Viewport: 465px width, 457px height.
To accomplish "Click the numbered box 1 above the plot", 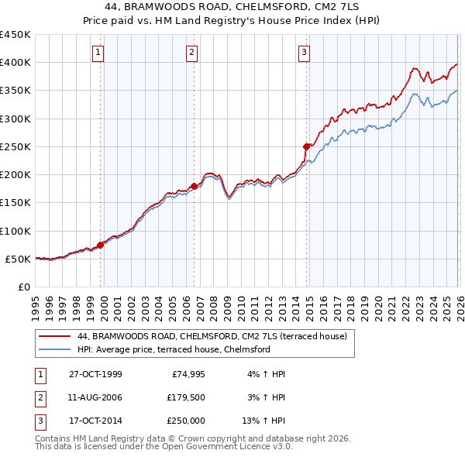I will click(x=99, y=53).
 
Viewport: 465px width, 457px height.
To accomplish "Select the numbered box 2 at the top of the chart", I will click(x=191, y=53).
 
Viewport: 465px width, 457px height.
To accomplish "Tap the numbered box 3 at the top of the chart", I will click(x=305, y=53).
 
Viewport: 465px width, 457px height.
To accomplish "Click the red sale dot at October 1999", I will click(x=101, y=245).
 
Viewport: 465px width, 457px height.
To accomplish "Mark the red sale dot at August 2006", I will click(x=194, y=186).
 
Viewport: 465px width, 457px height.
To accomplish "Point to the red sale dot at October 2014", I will click(x=306, y=146).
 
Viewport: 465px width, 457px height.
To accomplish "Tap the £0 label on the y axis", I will click(x=22, y=287).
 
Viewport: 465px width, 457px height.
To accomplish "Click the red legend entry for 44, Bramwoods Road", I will click(x=217, y=336).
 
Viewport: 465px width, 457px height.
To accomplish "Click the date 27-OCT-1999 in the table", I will click(x=95, y=373).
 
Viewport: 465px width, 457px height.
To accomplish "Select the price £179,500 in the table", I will click(x=185, y=397).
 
